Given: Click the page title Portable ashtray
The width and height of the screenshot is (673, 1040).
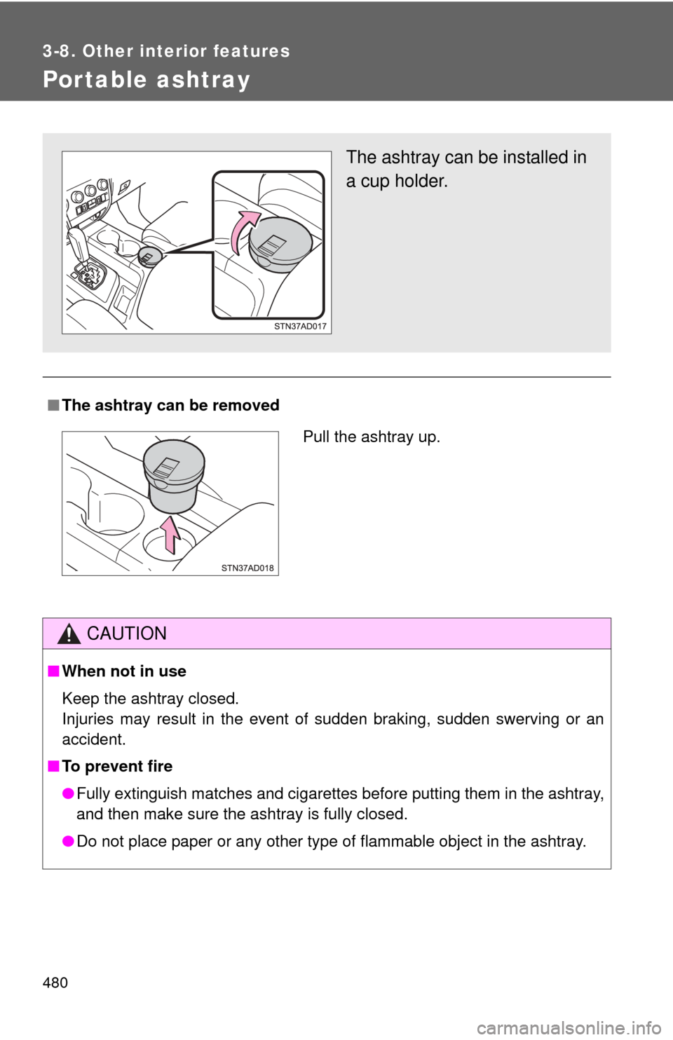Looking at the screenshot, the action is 147,80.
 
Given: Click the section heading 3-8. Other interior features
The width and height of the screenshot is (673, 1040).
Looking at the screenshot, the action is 166,51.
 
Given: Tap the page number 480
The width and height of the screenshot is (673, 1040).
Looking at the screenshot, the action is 55,983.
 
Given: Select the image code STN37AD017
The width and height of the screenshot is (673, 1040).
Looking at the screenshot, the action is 300,327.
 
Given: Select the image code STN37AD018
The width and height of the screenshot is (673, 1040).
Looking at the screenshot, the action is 247,568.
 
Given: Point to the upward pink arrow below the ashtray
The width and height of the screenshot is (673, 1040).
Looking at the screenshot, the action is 171,535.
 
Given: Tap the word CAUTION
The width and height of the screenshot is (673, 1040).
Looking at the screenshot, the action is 127,634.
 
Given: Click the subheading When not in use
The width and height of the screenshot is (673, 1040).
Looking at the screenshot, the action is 124,671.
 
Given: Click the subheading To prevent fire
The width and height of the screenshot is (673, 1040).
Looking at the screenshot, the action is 117,766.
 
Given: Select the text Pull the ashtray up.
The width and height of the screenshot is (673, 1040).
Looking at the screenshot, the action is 371,437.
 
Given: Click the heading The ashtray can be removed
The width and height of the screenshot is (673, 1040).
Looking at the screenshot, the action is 170,405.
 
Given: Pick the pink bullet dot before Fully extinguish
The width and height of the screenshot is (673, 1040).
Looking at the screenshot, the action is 68,793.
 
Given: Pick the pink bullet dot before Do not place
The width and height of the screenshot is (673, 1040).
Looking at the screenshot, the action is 68,841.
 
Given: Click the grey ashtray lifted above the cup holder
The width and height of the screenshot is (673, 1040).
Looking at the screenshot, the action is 172,478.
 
